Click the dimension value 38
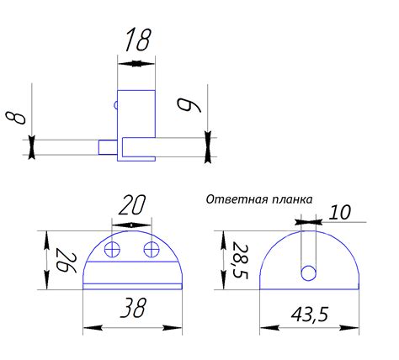pyautogui.click(x=131, y=310)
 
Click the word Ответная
pyautogui.click(x=233, y=200)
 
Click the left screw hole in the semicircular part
pyautogui.click(x=114, y=249)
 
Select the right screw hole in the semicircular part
pyautogui.click(x=152, y=249)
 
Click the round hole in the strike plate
pyautogui.click(x=309, y=273)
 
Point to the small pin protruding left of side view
pyautogui.click(x=108, y=146)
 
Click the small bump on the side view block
pyautogui.click(x=115, y=105)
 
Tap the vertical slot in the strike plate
pyautogui.click(x=309, y=248)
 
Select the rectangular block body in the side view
pyautogui.click(x=137, y=114)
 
